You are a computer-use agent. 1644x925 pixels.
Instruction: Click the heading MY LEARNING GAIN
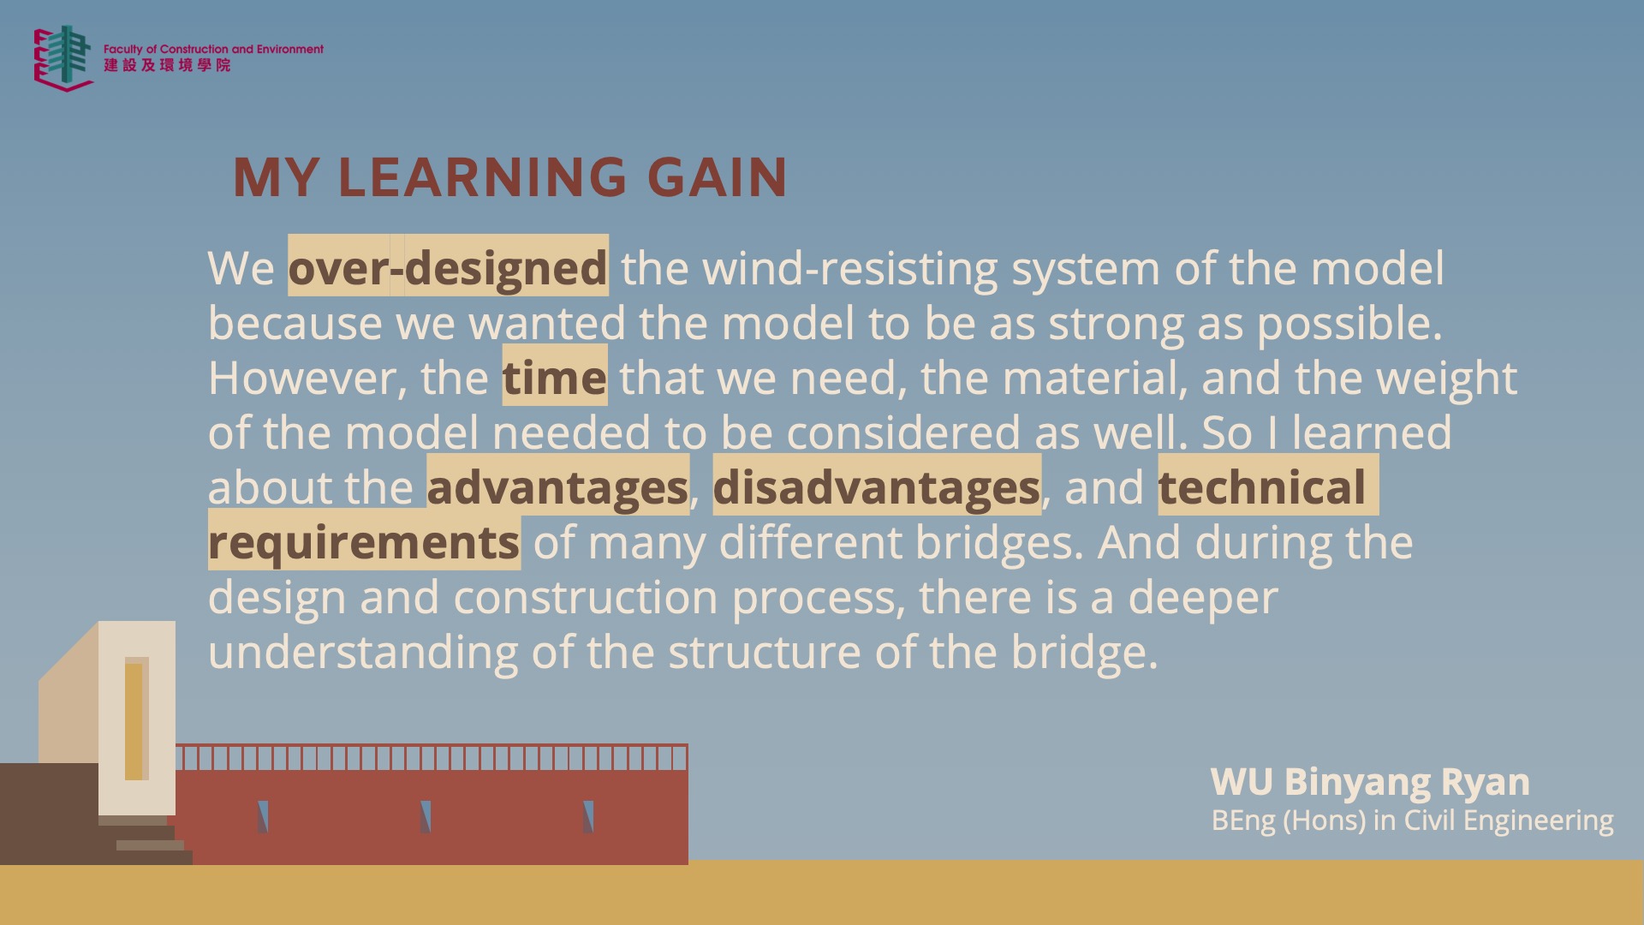point(509,177)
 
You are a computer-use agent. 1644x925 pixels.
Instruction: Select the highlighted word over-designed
point(448,268)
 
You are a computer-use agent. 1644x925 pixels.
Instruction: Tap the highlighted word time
point(554,378)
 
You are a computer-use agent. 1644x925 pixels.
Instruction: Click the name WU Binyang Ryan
point(1370,782)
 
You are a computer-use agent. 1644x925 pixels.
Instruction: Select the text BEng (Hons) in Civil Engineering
point(1412,821)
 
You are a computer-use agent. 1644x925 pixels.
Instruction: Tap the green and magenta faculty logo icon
point(63,57)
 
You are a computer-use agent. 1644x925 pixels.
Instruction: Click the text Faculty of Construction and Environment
point(213,50)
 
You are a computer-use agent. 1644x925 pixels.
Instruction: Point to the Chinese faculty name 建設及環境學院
point(167,65)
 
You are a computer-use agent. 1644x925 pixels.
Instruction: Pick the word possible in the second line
point(1349,324)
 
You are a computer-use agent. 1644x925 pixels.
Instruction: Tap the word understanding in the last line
point(363,653)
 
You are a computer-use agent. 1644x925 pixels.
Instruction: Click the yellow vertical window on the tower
point(134,721)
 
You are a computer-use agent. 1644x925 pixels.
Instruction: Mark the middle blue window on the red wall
point(426,817)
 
